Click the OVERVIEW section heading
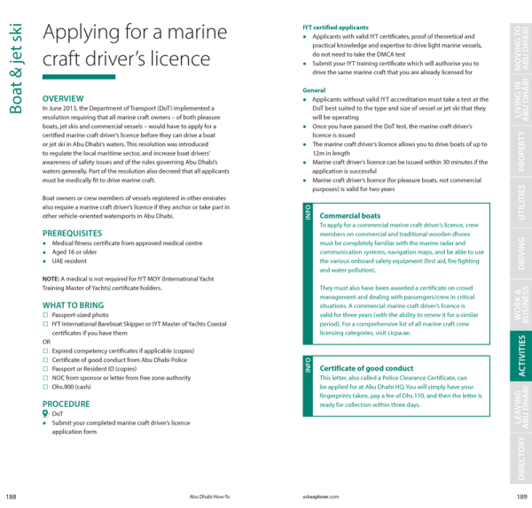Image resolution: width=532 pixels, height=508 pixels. coord(64,97)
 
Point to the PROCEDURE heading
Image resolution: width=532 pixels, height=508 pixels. coord(66,404)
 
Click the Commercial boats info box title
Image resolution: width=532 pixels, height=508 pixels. coord(349,216)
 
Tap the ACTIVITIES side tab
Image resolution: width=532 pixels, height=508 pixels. coord(520,356)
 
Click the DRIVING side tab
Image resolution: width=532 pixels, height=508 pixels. coord(520,253)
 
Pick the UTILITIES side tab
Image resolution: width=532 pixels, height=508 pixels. coord(520,203)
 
